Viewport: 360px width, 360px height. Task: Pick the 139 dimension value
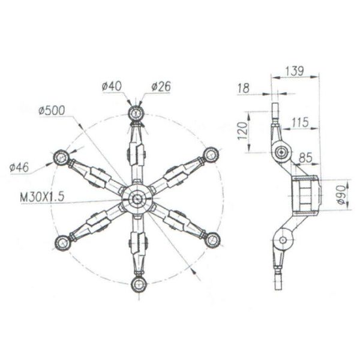point(293,71)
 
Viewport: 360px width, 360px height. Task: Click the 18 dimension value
point(243,88)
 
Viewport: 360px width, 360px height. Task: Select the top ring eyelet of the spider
point(137,112)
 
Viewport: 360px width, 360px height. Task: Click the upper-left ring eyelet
point(63,157)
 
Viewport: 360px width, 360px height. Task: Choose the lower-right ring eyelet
point(212,240)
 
